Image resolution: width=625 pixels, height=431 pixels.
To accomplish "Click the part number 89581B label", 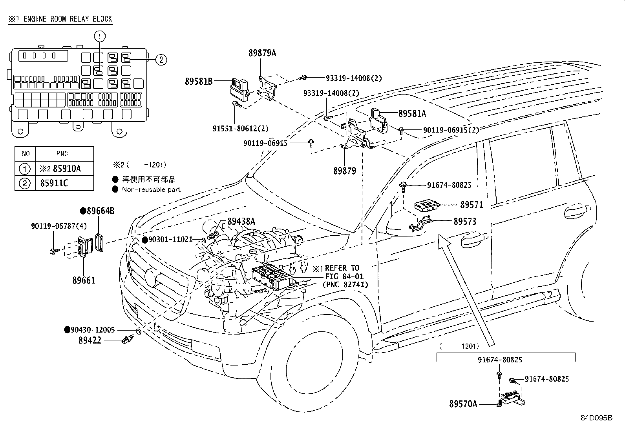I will pyautogui.click(x=199, y=81).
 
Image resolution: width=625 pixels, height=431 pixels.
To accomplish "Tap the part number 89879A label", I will pyautogui.click(x=262, y=53).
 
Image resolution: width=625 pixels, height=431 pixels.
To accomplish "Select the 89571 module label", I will pyautogui.click(x=471, y=205).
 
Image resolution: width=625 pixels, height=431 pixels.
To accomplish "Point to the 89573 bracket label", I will pyautogui.click(x=465, y=222).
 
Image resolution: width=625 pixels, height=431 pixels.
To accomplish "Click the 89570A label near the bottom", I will pyautogui.click(x=463, y=404).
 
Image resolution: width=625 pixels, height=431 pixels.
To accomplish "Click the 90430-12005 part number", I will pyautogui.click(x=93, y=330).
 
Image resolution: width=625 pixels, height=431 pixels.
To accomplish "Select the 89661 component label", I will pyautogui.click(x=84, y=280).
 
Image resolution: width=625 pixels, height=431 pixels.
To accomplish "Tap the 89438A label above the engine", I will pyautogui.click(x=241, y=222).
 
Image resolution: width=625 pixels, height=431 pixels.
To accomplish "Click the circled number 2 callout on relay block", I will pyautogui.click(x=161, y=60).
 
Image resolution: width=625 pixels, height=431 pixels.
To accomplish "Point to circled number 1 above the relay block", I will pyautogui.click(x=100, y=36).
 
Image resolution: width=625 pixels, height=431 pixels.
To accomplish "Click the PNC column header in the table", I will pyautogui.click(x=62, y=154).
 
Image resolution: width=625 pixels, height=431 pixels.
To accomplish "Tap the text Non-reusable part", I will pyautogui.click(x=151, y=189).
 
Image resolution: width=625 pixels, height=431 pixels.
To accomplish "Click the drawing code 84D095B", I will pyautogui.click(x=596, y=418).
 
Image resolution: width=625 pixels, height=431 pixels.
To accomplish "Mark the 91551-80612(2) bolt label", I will pyautogui.click(x=241, y=128).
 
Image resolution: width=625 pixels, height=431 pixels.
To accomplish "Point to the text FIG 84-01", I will pyautogui.click(x=344, y=276).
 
